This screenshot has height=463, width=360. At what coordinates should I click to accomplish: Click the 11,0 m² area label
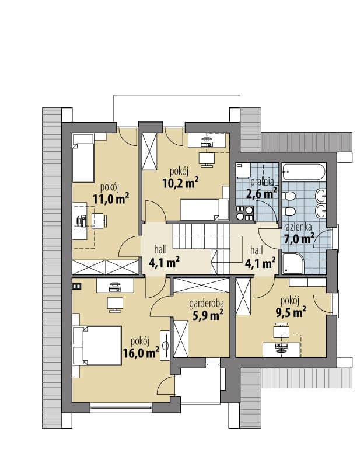pos(111,199)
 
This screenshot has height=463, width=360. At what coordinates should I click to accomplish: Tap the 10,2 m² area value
pos(180,183)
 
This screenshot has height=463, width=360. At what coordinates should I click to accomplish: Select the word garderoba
pos(207,304)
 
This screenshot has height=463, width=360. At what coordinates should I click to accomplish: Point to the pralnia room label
pos(262,182)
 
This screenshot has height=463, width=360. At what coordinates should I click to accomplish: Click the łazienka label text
pos(298,227)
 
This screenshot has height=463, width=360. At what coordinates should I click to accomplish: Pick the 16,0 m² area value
pos(141,353)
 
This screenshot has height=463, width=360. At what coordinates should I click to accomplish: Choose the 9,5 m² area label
pos(291,312)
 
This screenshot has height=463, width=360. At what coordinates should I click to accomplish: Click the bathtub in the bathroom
pos(304,172)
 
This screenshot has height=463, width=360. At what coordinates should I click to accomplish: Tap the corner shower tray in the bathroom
pos(293,263)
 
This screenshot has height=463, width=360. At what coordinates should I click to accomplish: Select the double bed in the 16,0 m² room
pos(97,346)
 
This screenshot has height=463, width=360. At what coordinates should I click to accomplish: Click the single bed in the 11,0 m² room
pos(83,158)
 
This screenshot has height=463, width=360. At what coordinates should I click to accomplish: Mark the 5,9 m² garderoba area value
pos(208,316)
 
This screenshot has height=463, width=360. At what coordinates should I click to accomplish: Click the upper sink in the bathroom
pos(320,195)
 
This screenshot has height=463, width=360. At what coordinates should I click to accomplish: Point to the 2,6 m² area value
pos(261,194)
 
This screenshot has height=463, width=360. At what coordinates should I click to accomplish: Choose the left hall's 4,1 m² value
pos(165,263)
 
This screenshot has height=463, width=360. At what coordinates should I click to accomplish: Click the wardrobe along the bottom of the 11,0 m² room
pos(106,267)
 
